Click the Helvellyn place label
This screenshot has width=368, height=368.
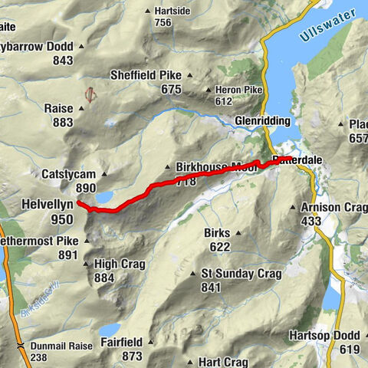[46, 205]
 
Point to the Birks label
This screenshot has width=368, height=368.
[218, 233]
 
